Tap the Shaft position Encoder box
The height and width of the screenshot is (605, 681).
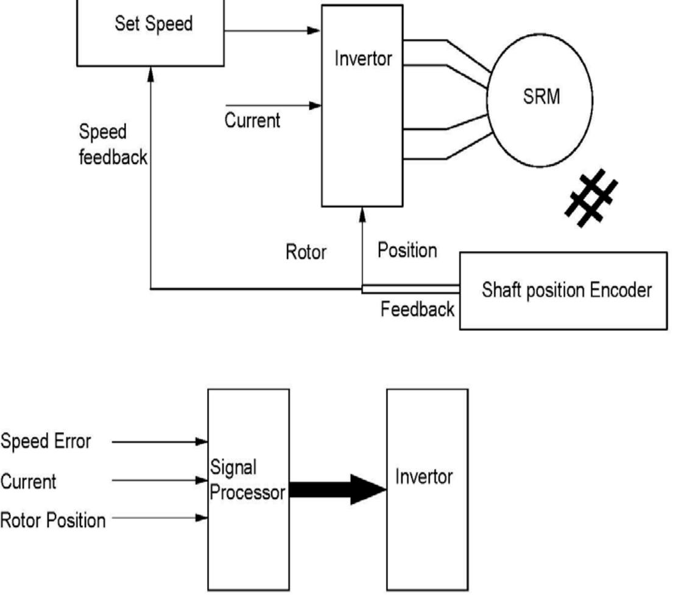point(563,291)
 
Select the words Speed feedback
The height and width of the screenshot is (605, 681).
point(113,145)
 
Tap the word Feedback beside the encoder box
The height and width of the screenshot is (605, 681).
point(417,310)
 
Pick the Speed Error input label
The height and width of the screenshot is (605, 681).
point(47,442)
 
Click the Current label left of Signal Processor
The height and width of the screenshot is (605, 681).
point(30,481)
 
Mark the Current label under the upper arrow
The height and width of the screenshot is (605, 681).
point(253,120)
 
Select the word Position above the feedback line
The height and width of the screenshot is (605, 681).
point(407,250)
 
